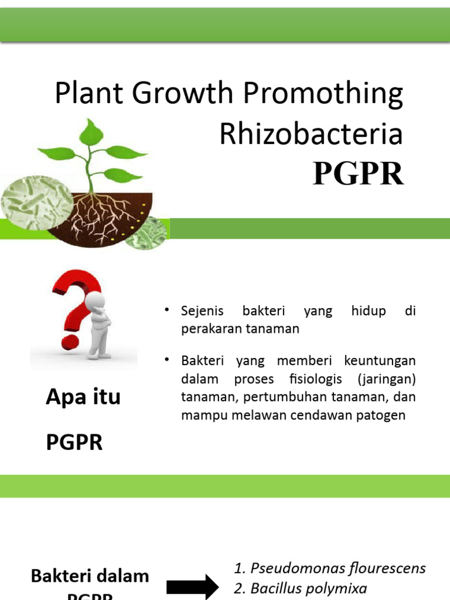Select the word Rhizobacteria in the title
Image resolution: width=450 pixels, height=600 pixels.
(x=311, y=134)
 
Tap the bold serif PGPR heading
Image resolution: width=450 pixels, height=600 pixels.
(x=358, y=173)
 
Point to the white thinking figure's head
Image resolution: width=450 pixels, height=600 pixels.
(x=95, y=302)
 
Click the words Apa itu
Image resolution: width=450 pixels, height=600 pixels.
(x=83, y=397)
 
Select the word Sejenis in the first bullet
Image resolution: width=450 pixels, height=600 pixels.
(x=202, y=311)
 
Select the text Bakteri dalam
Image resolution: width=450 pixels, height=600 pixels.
(x=90, y=576)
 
